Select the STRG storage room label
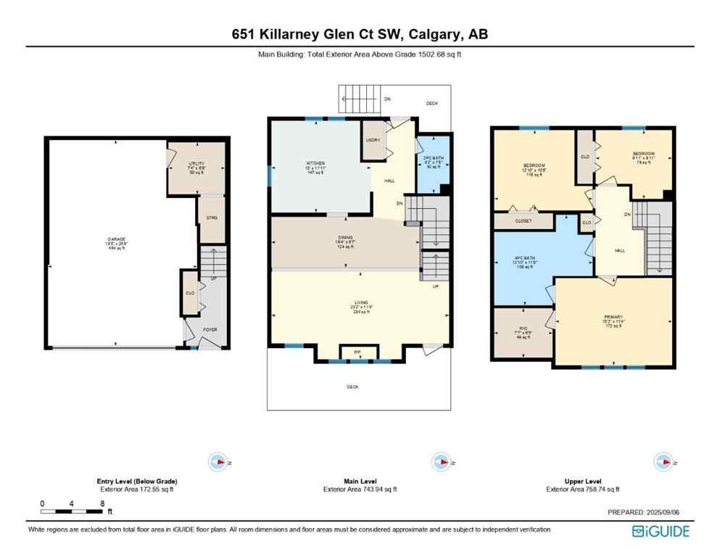211,218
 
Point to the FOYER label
210,329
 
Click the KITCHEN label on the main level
315,164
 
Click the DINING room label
345,240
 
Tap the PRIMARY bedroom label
613,317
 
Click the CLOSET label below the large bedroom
524,220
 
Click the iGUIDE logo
661,531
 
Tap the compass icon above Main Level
439,462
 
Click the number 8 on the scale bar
103,503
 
